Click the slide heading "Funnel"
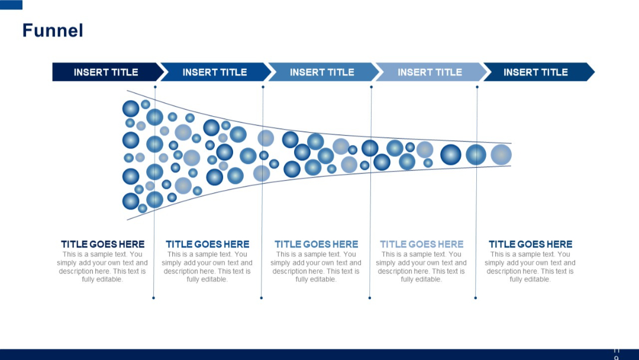53,30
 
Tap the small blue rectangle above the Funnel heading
11,5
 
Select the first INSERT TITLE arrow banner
106,72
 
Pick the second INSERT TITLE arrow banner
214,72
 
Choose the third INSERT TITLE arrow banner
322,72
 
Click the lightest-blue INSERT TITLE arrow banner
430,72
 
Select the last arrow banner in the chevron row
535,72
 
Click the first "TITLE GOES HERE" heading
102,244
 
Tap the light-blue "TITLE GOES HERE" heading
421,244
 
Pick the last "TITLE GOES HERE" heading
530,244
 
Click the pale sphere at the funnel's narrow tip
501,155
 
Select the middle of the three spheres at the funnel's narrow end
476,155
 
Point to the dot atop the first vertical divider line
155,87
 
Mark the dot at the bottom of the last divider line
475,298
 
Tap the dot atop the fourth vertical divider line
477,87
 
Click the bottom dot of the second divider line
261,298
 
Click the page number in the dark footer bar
617,354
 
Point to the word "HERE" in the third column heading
344,244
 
